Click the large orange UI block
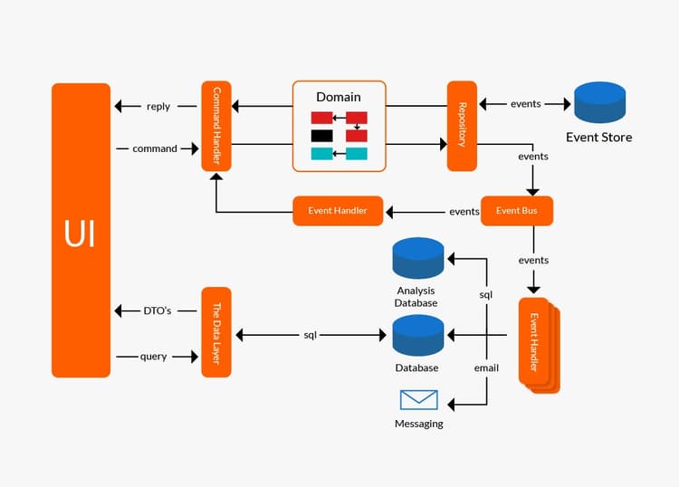click(81, 231)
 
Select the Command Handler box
click(216, 126)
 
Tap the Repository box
click(462, 126)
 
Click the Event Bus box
click(516, 211)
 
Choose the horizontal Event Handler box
click(338, 211)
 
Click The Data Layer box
click(216, 332)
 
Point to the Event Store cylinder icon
click(599, 102)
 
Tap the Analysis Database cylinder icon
click(417, 258)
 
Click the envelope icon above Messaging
click(418, 399)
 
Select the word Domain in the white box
click(339, 97)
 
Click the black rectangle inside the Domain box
click(322, 136)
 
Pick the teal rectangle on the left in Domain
click(322, 154)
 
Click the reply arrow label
click(158, 106)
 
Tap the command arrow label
click(155, 148)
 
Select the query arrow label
click(154, 357)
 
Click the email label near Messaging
click(486, 368)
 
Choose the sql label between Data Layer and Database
click(310, 335)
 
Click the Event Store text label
click(598, 138)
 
